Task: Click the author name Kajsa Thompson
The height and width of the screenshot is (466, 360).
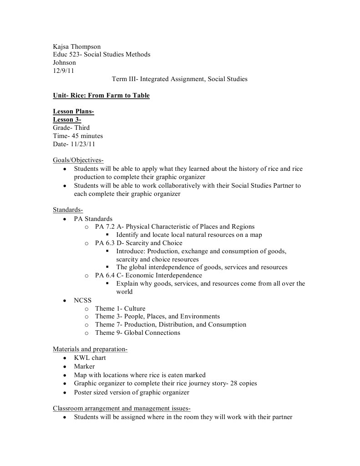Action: coord(77,46)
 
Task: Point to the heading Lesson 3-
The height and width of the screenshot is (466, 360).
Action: coord(67,119)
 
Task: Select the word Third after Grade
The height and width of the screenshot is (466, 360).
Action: coord(82,128)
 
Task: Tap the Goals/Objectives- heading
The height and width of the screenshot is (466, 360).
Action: coord(78,160)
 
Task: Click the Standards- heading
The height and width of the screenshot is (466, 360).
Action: coord(68,210)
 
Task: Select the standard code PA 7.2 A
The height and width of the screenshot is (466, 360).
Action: coord(109,226)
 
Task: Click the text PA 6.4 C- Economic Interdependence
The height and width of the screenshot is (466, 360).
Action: coord(148,275)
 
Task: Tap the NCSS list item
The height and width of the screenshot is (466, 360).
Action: coord(83,300)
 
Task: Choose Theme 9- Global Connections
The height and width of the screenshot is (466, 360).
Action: coord(137,333)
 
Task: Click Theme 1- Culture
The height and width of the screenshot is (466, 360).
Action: coord(120,308)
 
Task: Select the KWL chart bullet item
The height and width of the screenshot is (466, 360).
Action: coord(90,358)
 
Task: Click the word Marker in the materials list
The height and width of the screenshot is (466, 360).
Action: coord(84,366)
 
